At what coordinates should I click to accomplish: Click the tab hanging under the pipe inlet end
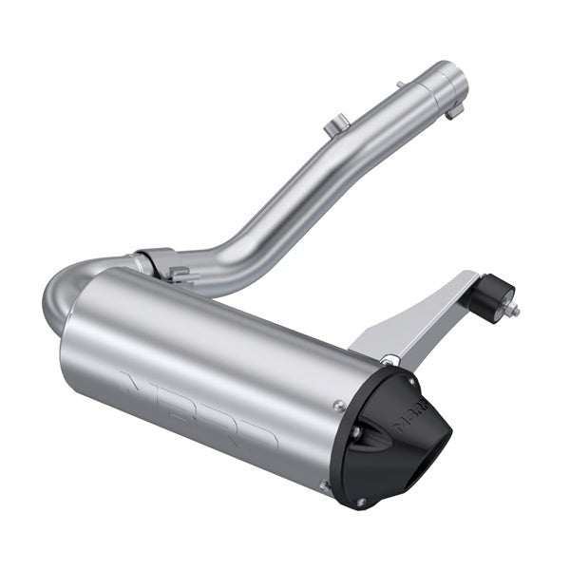click(453, 110)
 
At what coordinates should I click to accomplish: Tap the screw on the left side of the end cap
click(354, 432)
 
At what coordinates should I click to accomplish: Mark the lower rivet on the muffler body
click(324, 485)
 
